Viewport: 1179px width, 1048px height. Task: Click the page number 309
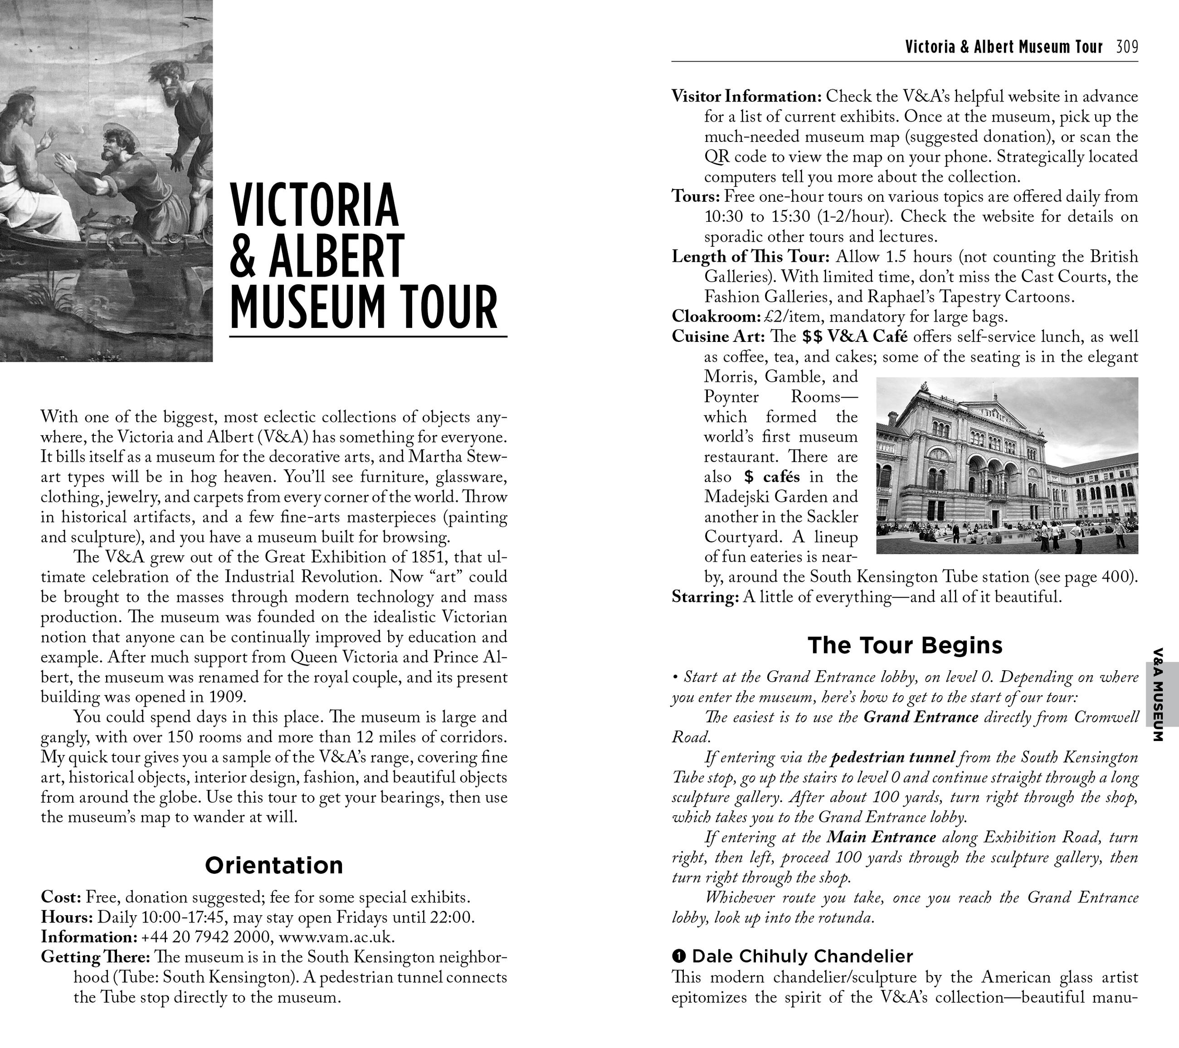(1127, 47)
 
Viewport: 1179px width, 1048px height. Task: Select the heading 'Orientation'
(274, 865)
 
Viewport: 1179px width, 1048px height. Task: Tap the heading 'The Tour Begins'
(905, 645)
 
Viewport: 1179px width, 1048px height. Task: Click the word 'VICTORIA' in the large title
(314, 206)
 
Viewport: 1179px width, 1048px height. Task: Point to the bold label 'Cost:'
(61, 897)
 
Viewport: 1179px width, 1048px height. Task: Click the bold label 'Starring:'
(705, 597)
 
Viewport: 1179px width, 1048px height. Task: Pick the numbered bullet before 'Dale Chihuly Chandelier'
(679, 957)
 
